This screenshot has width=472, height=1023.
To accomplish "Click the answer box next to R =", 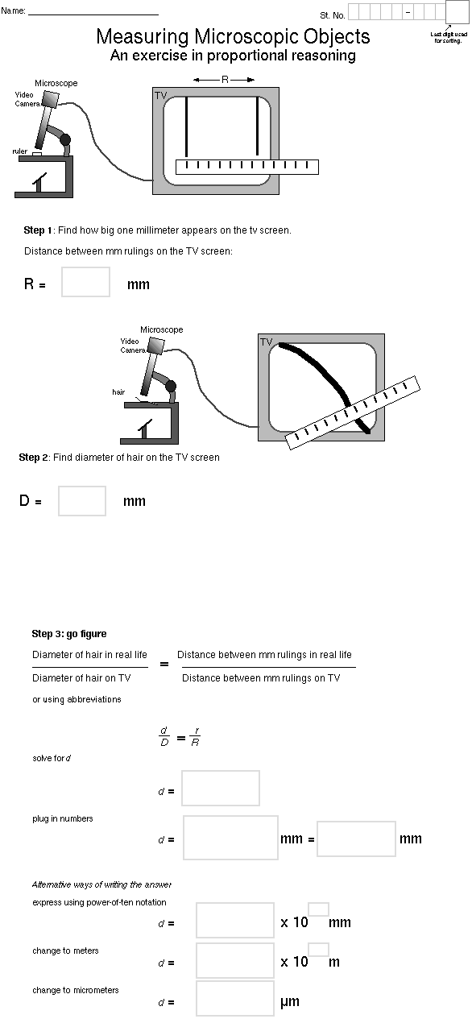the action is coord(86,282).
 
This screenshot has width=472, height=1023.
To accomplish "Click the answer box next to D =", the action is coord(82,501).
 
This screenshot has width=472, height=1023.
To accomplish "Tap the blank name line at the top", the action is coord(93,14).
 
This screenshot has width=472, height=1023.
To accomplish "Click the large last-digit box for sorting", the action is coord(457,12).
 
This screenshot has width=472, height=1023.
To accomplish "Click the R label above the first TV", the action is coord(225,80).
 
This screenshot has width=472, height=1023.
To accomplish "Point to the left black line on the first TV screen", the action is coord(186,126).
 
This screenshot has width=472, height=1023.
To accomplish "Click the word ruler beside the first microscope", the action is coord(20,151).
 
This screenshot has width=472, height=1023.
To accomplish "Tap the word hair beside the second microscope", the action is coord(118,391).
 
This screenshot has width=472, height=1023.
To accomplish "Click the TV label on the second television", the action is coord(266,342).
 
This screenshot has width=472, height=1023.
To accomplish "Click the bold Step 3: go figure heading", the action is coord(69,634).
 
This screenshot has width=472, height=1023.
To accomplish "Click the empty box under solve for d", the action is coord(221,788).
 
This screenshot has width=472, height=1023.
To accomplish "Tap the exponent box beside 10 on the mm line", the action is coord(319,909).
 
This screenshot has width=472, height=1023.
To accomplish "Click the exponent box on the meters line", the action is coord(319,950).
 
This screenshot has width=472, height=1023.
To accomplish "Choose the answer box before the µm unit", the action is coord(235,998).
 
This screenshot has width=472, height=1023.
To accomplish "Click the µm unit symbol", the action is coord(290,1002).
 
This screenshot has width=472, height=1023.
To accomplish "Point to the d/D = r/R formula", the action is coord(180,737).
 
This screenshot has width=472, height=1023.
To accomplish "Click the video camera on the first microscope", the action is coord(50,98).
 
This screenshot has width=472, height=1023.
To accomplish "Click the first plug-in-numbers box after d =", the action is coord(231,838).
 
